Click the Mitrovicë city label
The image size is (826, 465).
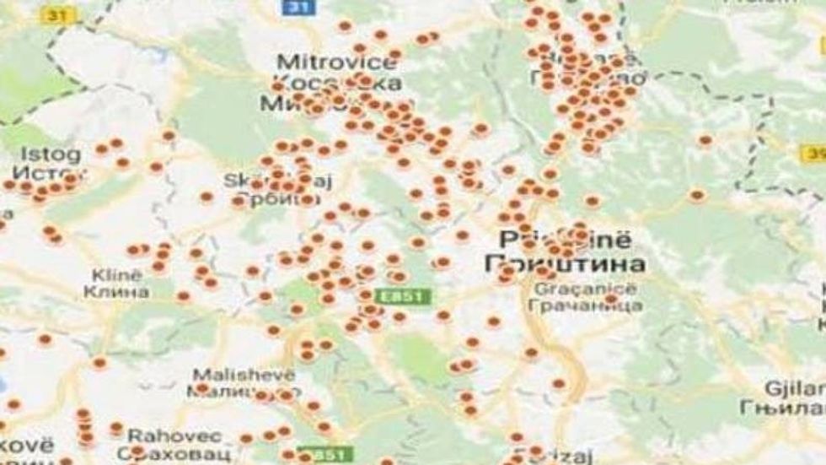pyautogui.click(x=335, y=62)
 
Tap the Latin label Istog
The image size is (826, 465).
pyautogui.click(x=52, y=155)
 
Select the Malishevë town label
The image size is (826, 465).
pyautogui.click(x=243, y=374)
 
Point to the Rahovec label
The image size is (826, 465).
pyautogui.click(x=174, y=435)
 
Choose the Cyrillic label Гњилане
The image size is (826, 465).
pyautogui.click(x=793, y=406)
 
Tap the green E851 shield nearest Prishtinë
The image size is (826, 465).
pyautogui.click(x=410, y=296)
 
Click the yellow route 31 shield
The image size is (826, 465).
pyautogui.click(x=62, y=14)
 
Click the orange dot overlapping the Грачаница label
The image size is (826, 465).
pyautogui.click(x=611, y=299)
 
